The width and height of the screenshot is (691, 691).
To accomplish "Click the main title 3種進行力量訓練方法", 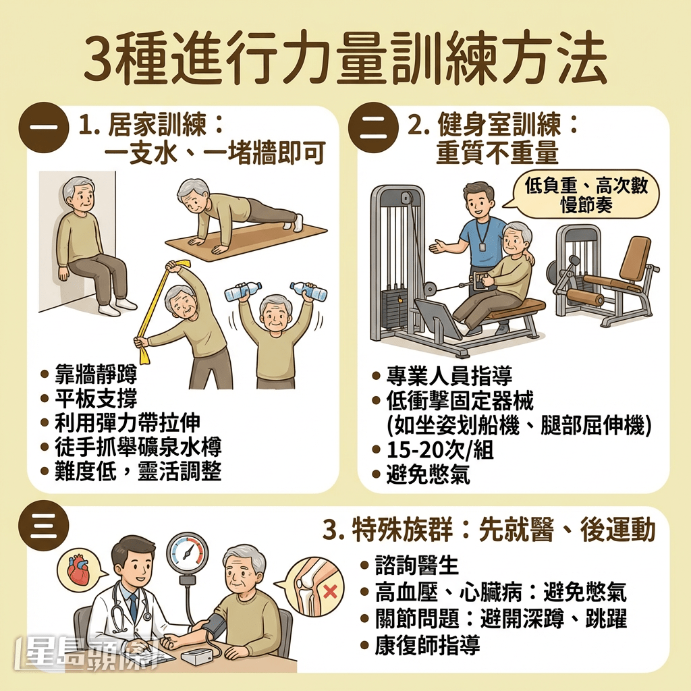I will click(345, 60).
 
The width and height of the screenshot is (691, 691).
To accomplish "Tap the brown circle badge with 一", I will click(44, 127).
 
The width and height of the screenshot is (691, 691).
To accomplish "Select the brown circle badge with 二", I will click(372, 127).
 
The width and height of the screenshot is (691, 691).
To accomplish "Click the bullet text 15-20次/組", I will click(439, 450).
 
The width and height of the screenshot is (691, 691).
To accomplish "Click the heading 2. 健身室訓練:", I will click(493, 126).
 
